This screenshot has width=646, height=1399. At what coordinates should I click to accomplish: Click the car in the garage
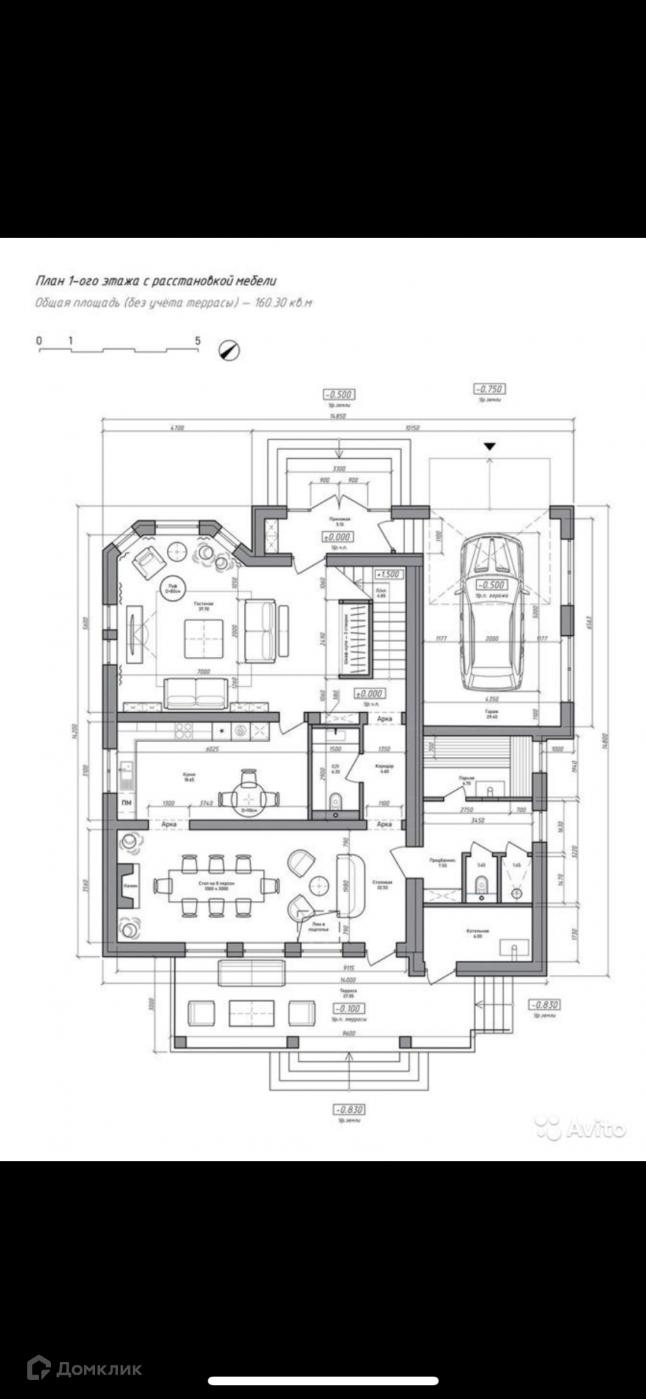493,611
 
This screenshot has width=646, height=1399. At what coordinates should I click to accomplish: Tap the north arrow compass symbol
229,350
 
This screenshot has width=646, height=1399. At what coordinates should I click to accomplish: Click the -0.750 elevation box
489,389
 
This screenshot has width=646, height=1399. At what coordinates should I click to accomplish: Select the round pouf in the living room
171,587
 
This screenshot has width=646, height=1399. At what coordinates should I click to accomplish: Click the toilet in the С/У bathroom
335,799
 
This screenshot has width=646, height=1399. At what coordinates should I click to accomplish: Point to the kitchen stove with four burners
183,731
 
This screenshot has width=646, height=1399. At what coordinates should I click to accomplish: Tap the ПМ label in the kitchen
127,804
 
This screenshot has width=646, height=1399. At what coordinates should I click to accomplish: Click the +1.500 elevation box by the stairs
387,574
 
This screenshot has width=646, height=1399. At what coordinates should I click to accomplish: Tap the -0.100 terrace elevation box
347,1009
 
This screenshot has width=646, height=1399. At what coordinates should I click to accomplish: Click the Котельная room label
478,932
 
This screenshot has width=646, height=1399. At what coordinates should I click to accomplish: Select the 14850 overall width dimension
338,416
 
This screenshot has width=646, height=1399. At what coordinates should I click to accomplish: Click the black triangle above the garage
490,446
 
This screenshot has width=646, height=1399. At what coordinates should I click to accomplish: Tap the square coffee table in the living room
203,639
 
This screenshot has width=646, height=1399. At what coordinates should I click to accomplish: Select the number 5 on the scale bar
198,341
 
